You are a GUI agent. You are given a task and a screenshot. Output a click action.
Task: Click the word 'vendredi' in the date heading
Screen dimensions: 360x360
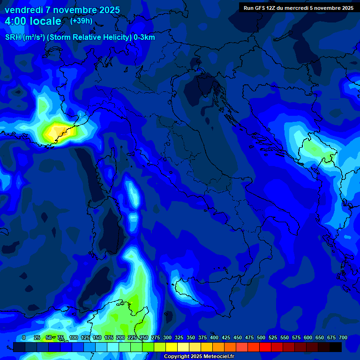click(x=23, y=10)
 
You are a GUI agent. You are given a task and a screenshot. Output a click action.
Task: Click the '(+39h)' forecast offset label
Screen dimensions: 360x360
click(x=81, y=21)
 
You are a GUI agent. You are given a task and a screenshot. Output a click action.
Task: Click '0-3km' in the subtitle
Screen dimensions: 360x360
click(x=144, y=37)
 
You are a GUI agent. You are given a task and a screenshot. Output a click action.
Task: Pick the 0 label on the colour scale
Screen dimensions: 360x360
click(x=24, y=337)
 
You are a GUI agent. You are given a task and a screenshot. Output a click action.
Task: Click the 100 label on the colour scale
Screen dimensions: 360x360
click(x=73, y=337)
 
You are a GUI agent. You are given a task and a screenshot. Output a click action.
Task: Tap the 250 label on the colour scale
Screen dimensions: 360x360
click(x=144, y=337)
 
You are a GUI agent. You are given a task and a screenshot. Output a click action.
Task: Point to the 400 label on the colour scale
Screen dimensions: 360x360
click(x=214, y=337)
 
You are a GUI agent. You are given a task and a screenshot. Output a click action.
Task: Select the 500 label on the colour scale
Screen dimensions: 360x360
click(x=261, y=337)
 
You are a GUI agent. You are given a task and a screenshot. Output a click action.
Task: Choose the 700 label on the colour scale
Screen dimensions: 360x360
click(x=343, y=337)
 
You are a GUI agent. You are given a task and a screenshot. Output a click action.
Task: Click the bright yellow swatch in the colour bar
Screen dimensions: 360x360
click(x=172, y=347)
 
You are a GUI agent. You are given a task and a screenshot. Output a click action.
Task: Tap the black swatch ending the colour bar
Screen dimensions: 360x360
click(x=336, y=347)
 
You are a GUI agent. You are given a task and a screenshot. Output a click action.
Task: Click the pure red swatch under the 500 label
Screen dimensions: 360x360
click(x=265, y=347)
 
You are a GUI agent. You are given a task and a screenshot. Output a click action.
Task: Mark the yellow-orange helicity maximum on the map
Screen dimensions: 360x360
click(x=58, y=131)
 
